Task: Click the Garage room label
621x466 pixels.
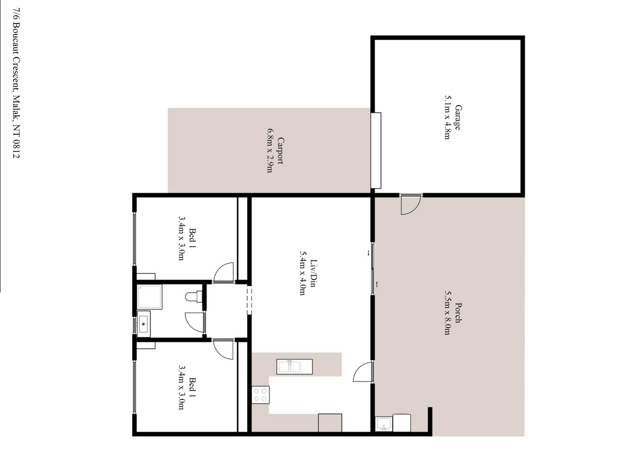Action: coord(458,117)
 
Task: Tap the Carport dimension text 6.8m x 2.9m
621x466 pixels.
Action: coord(270,151)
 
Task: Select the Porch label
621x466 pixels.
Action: coord(459,313)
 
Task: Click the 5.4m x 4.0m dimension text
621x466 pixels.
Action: coord(302,273)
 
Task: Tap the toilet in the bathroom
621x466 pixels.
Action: coord(194,297)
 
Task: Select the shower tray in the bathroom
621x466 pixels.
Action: coord(150,297)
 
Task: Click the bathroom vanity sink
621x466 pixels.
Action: coord(143,324)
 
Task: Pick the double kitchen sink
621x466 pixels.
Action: coord(295,367)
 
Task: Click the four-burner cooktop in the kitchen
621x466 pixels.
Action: coord(260,395)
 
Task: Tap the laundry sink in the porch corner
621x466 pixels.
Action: coord(384,424)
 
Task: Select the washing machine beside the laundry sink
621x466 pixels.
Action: coord(402,423)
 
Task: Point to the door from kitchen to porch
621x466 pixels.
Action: coord(364,372)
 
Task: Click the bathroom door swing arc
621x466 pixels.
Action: coord(195,322)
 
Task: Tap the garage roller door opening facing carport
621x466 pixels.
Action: coord(376,151)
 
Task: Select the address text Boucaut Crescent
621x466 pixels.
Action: coord(17,56)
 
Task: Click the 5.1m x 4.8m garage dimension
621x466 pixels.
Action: coord(447,117)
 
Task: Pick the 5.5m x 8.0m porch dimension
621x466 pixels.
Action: coord(447,313)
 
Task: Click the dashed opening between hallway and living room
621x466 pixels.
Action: coord(250,300)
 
